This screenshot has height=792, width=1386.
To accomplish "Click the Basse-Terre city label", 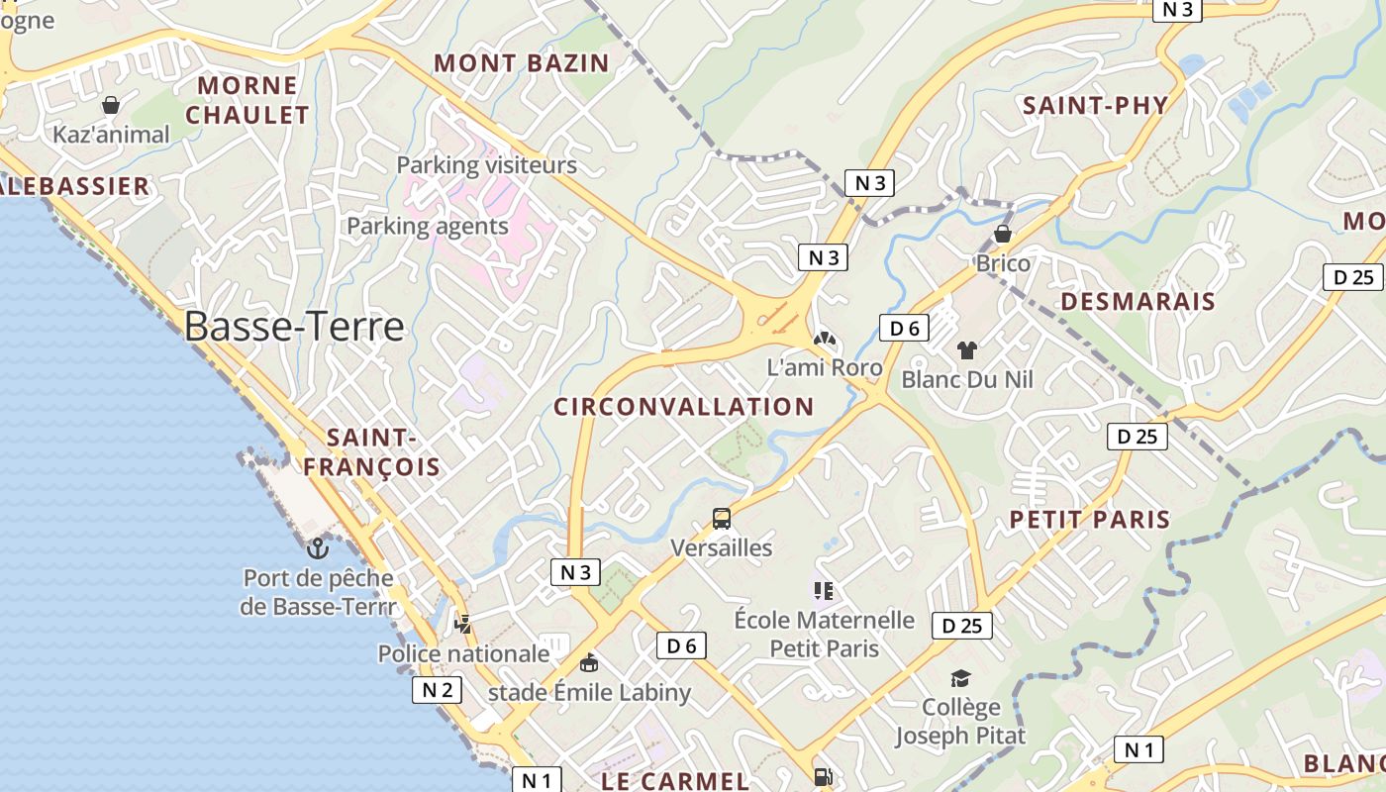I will point(294,326).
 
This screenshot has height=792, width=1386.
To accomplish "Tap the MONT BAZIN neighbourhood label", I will point(521,63).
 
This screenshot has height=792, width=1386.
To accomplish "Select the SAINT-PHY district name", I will point(1095,105).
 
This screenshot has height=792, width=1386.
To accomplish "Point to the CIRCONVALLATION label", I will point(683,406).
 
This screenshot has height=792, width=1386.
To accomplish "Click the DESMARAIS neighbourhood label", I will point(1138,301).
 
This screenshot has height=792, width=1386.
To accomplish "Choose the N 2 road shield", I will point(437,690).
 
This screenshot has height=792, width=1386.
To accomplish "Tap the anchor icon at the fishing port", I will point(318,547).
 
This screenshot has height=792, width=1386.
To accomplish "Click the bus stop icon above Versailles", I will point(722,518).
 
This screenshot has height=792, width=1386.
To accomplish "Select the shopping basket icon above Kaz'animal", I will point(111,104).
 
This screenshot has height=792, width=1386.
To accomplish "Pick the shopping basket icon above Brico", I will point(1003,234).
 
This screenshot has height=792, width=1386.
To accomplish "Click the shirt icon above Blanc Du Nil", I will point(966,349).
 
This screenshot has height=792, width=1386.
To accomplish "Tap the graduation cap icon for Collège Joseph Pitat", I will point(960,678).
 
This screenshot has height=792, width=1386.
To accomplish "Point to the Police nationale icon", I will point(462,624).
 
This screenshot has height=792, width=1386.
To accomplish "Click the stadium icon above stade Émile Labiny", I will point(589,662).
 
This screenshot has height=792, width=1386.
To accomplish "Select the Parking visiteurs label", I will point(486,164).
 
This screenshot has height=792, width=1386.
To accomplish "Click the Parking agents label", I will point(427,226).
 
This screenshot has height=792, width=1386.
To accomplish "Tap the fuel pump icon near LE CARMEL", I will point(823,777).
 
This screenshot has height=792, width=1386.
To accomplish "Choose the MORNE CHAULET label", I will point(247,100).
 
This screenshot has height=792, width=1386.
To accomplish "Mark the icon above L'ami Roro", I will point(824,339).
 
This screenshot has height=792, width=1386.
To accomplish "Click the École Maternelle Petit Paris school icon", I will point(823,591).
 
